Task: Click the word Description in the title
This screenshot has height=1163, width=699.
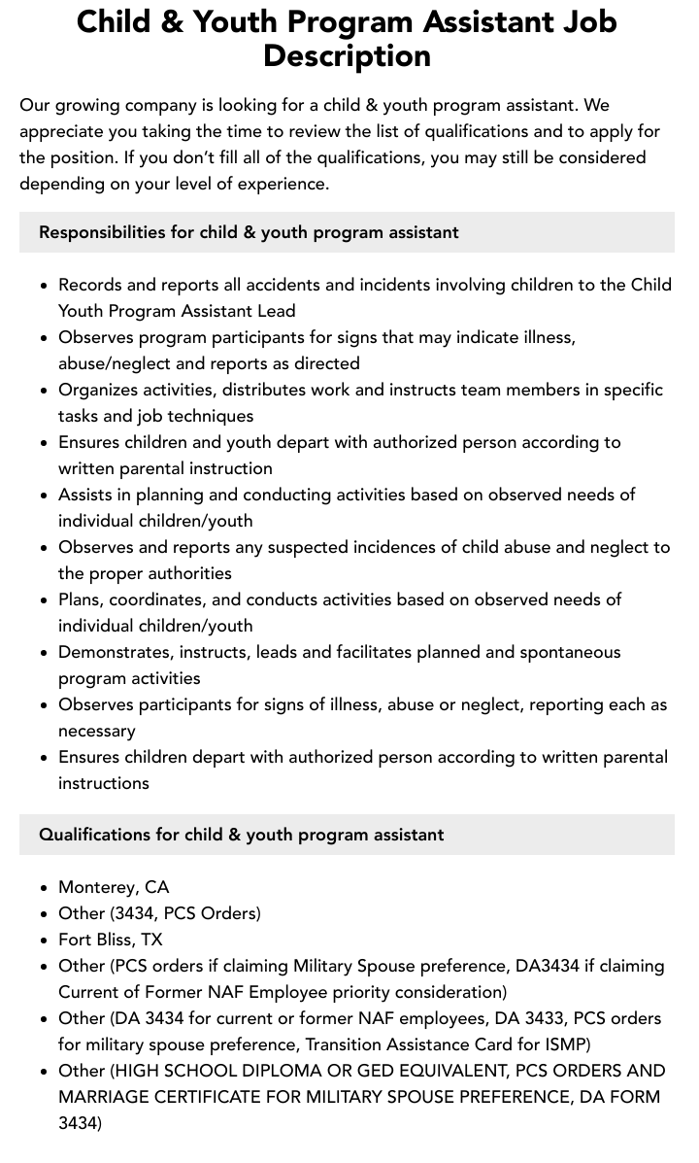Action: pyautogui.click(x=347, y=55)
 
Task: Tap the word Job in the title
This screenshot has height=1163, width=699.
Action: pyautogui.click(x=580, y=21)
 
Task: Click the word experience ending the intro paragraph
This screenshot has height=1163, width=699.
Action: pyautogui.click(x=279, y=184)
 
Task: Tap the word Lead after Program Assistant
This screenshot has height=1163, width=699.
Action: pyautogui.click(x=274, y=311)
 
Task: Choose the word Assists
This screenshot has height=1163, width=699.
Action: pyautogui.click(x=84, y=495)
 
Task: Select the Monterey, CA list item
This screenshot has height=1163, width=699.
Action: pyautogui.click(x=114, y=887)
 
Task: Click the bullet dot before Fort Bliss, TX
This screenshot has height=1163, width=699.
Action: pyautogui.click(x=45, y=941)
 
